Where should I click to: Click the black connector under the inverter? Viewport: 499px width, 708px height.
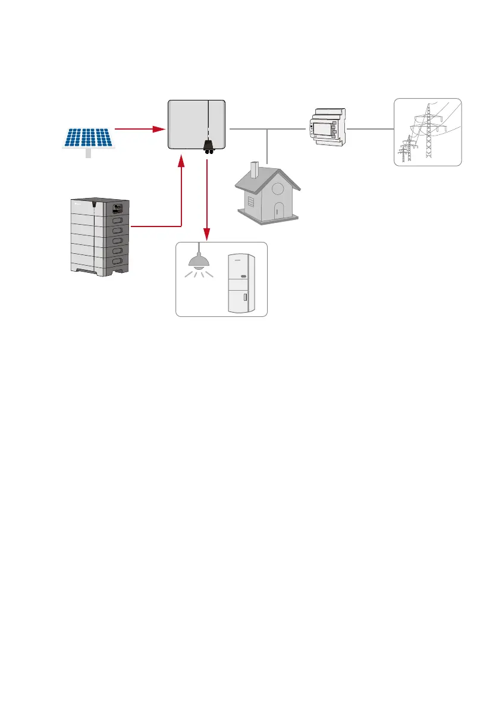(x=209, y=146)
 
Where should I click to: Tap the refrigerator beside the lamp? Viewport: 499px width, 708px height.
(x=242, y=285)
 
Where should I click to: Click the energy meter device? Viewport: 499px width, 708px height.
(x=327, y=127)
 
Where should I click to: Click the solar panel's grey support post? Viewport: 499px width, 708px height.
(x=89, y=153)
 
